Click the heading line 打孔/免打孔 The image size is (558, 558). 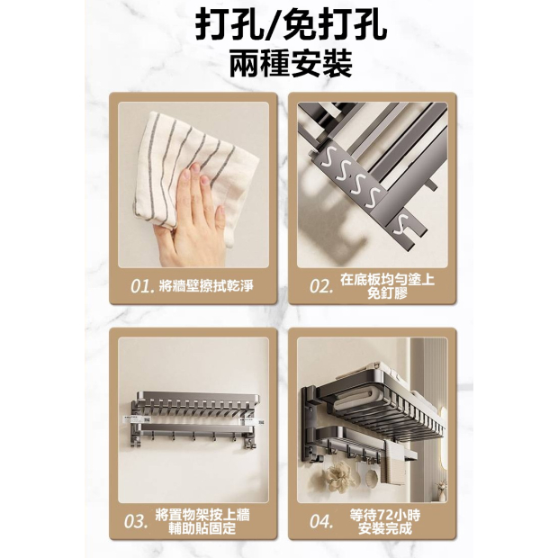pyautogui.click(x=291, y=26)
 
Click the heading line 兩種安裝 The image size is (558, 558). pyautogui.click(x=291, y=64)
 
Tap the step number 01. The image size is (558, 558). pyautogui.click(x=141, y=287)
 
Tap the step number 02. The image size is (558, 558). pyautogui.click(x=321, y=287)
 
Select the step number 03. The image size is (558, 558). pyautogui.click(x=136, y=521)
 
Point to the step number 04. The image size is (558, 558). pyautogui.click(x=321, y=521)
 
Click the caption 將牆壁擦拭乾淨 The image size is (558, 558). pyautogui.click(x=206, y=286)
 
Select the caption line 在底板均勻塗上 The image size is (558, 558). pyautogui.click(x=388, y=279)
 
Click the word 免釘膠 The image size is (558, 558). pyautogui.click(x=387, y=293)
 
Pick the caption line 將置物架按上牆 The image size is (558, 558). pyautogui.click(x=202, y=515)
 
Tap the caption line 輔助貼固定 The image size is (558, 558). pyautogui.click(x=202, y=529)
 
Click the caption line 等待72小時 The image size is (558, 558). pyautogui.click(x=384, y=515)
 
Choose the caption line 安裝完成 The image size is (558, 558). pyautogui.click(x=384, y=529)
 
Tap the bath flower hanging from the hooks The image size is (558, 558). pyautogui.click(x=337, y=476)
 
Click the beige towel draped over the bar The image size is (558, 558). pyautogui.click(x=393, y=466)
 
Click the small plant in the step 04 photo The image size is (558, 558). pyautogui.click(x=442, y=490)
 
